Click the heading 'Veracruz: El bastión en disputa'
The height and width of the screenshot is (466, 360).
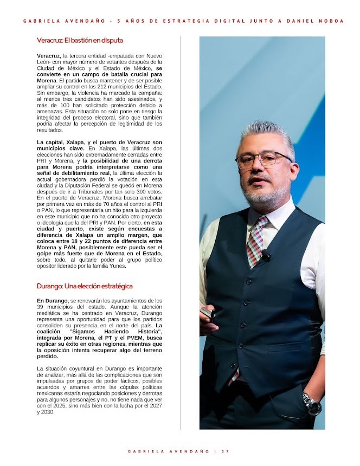pos(80,40)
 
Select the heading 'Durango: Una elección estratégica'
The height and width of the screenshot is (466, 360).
pos(85,286)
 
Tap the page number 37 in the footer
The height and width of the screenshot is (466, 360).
pos(225,451)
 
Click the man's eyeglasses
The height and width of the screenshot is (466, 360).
pos(263,159)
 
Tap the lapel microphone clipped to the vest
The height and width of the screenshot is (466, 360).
pos(266,255)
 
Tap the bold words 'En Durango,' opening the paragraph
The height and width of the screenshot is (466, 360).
pos(53,300)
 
